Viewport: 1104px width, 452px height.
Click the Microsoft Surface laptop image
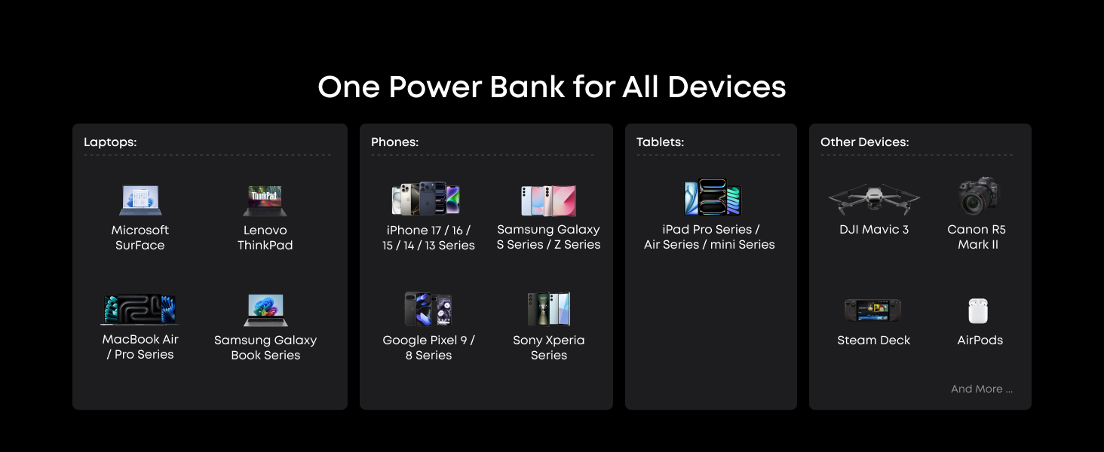tap(140, 200)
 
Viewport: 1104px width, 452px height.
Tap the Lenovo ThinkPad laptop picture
tap(265, 200)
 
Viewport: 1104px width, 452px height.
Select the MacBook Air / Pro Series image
tap(140, 310)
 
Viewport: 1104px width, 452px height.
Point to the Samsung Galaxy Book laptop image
tap(265, 310)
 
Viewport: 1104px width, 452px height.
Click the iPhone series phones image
tap(426, 198)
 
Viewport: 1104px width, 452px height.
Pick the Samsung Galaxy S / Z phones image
tap(548, 200)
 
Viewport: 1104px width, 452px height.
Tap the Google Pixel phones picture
tap(428, 309)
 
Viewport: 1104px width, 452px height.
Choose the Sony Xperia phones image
tap(548, 309)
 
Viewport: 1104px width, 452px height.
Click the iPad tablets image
tap(713, 197)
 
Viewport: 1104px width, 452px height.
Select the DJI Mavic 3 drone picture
tap(874, 199)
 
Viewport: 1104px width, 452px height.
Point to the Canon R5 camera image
tap(978, 196)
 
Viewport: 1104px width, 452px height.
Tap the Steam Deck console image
tap(872, 310)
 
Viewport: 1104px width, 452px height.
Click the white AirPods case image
tap(978, 310)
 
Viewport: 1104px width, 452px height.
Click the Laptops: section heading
tap(110, 142)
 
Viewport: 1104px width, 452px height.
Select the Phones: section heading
tap(395, 142)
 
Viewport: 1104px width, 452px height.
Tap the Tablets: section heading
tap(660, 142)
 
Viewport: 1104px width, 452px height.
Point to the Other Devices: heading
tap(864, 142)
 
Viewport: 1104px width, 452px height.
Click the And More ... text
tap(982, 389)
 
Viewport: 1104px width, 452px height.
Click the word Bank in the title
tap(527, 87)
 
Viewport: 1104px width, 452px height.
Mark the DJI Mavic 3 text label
tap(874, 230)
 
